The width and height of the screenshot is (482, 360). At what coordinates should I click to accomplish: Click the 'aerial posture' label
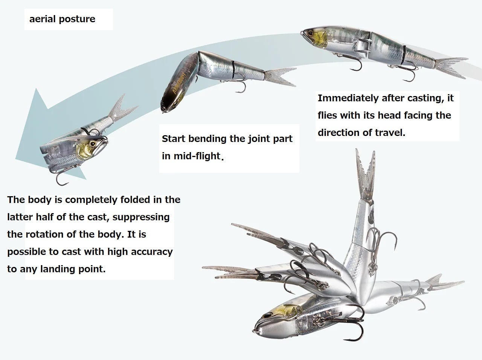click(x=62, y=19)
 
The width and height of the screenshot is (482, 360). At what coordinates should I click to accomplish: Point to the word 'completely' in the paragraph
click(x=91, y=200)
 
